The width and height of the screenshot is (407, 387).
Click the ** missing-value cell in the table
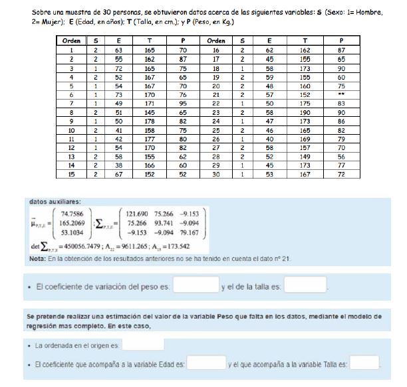click(x=341, y=95)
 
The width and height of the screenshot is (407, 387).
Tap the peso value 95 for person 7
click(x=182, y=104)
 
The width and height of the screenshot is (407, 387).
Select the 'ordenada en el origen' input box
click(x=143, y=345)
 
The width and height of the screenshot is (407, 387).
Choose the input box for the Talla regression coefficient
click(x=364, y=364)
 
